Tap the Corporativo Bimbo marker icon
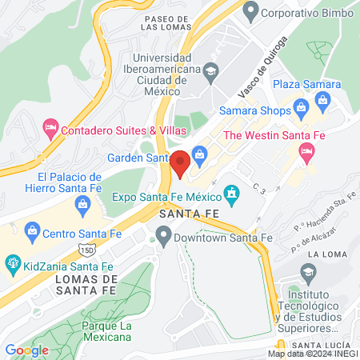[250, 12]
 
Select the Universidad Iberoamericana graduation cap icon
[210, 70]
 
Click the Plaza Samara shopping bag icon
[323, 99]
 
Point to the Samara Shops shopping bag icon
[301, 107]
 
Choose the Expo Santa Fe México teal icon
[232, 194]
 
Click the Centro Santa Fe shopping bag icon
[33, 233]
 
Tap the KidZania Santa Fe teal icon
[13, 262]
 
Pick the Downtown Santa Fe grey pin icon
[164, 236]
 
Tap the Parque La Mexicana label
[106, 331]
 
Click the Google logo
[26, 350]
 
